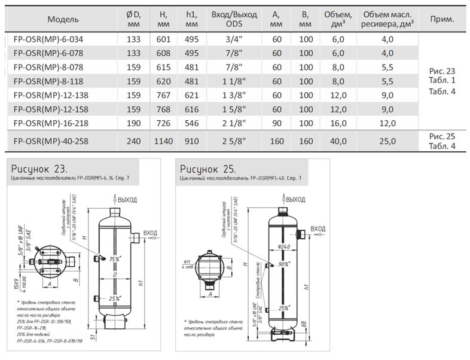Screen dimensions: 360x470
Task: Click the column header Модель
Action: [x=63, y=19]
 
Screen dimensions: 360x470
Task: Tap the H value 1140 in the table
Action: [x=163, y=141]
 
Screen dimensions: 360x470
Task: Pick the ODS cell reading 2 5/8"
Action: [x=234, y=141]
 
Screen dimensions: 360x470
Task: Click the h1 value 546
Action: [x=191, y=123]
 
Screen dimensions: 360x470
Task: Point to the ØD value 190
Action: [x=133, y=123]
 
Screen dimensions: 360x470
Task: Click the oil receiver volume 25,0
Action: [x=387, y=141]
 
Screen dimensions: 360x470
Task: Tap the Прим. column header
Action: [x=442, y=19]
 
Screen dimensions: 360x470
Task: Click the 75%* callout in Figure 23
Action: [x=113, y=258]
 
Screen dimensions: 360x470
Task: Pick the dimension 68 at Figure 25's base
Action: [x=303, y=325]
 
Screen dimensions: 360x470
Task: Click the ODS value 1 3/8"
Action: [x=234, y=95]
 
